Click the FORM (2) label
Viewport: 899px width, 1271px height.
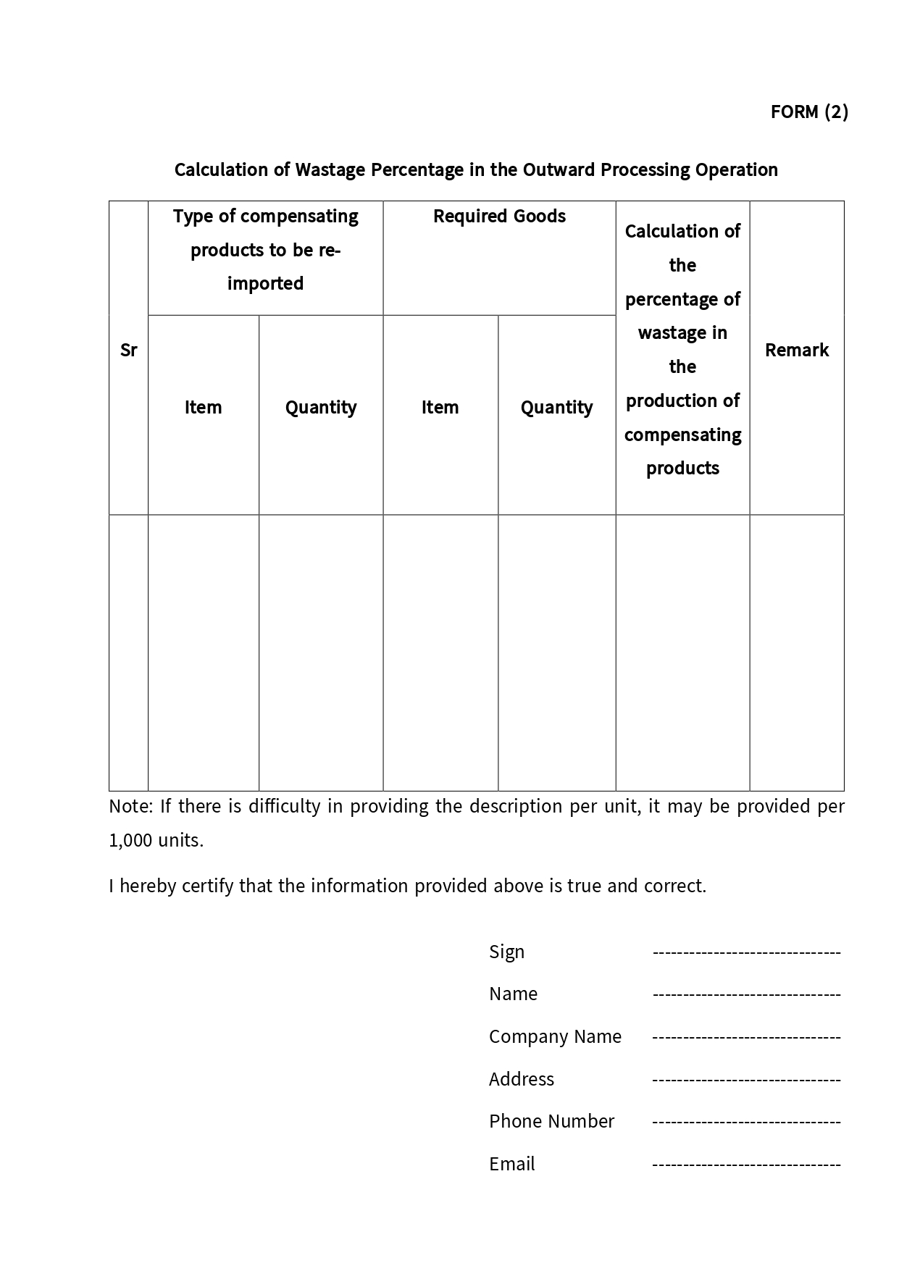[808, 112]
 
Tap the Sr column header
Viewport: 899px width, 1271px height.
[128, 351]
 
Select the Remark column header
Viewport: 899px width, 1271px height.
[796, 351]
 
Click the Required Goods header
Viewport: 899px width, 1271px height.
[499, 217]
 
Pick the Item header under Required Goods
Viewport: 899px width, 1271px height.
[440, 408]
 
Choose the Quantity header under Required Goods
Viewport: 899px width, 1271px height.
[556, 408]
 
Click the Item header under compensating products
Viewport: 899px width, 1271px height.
[203, 408]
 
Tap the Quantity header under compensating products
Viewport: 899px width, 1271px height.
[321, 408]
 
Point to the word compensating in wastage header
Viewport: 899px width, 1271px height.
[682, 435]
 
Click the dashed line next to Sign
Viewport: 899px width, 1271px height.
[746, 952]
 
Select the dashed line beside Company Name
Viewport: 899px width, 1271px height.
[746, 1037]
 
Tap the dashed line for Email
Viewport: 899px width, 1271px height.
[746, 1165]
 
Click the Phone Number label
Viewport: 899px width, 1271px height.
[551, 1121]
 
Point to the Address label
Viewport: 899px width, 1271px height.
[521, 1079]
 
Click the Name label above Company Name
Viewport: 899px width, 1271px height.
[513, 994]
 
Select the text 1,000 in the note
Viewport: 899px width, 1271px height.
[130, 841]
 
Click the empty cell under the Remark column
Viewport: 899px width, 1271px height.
[796, 653]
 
